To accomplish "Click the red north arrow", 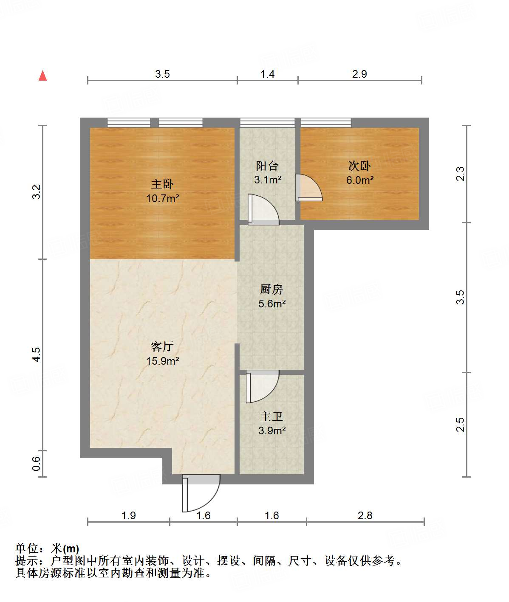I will click(x=42, y=76).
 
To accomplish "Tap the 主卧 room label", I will click(x=162, y=184).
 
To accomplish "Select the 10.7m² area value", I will click(x=162, y=198).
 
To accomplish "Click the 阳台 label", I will click(x=267, y=166).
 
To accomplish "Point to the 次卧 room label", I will click(x=359, y=166).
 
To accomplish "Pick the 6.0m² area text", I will click(x=359, y=180).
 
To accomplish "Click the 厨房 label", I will click(x=271, y=290).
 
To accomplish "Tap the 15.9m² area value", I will click(x=162, y=361).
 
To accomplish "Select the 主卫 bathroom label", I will click(x=271, y=416).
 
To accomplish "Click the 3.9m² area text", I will click(x=271, y=430).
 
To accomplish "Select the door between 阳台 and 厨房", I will click(x=263, y=210).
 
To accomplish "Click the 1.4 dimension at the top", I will click(x=267, y=74).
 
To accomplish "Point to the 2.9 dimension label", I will click(x=359, y=74).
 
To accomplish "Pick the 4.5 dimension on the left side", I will click(x=37, y=354).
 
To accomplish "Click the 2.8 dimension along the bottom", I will click(x=365, y=515).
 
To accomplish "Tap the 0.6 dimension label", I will click(x=37, y=463).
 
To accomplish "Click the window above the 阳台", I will click(x=267, y=123).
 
